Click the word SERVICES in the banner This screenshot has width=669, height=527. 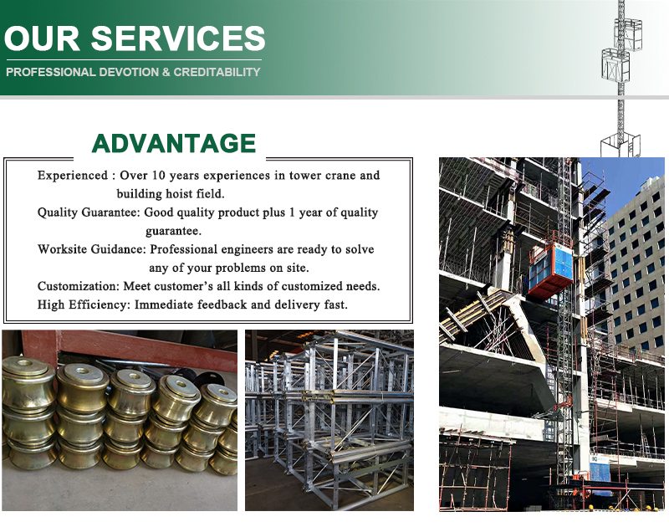[x=178, y=38]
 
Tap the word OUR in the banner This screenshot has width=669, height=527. [x=42, y=38]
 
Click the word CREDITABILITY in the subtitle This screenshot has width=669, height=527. [x=217, y=72]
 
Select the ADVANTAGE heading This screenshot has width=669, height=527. [x=174, y=143]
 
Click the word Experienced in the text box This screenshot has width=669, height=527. [x=73, y=176]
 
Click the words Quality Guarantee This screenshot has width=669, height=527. [x=89, y=212]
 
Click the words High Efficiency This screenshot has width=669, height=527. [x=84, y=304]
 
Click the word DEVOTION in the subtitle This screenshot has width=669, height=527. [x=129, y=72]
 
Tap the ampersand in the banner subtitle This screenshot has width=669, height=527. [x=166, y=72]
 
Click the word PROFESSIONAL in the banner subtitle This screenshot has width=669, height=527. [x=51, y=72]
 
